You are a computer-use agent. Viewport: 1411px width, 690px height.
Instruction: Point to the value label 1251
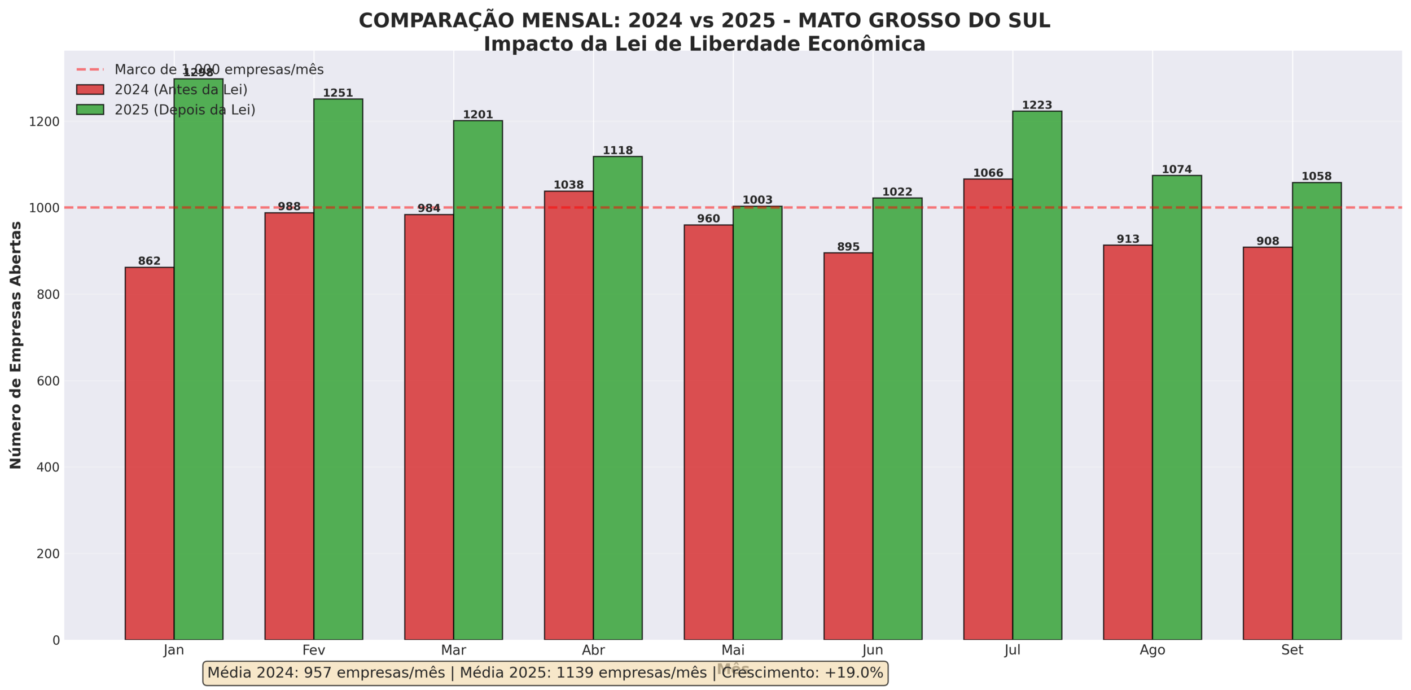tap(338, 93)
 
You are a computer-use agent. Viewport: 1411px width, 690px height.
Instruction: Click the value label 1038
tap(568, 185)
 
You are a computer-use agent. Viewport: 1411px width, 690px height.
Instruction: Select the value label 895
tap(848, 247)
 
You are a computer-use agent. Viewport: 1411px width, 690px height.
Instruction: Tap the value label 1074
tap(1177, 169)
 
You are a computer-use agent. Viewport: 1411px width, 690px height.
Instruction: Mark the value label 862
tap(150, 261)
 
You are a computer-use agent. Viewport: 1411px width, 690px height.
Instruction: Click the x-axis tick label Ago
tap(1153, 650)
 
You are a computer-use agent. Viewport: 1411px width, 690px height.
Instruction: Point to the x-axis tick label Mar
tap(454, 650)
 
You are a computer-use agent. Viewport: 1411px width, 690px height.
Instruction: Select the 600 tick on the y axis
tap(49, 381)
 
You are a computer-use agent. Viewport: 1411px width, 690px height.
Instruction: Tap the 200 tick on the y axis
tap(49, 554)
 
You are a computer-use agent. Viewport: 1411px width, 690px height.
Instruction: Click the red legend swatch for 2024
tap(90, 90)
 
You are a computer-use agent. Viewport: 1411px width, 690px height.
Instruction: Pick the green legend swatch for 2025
tap(90, 110)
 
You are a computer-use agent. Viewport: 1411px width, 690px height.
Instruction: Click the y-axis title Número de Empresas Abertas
tap(16, 344)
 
